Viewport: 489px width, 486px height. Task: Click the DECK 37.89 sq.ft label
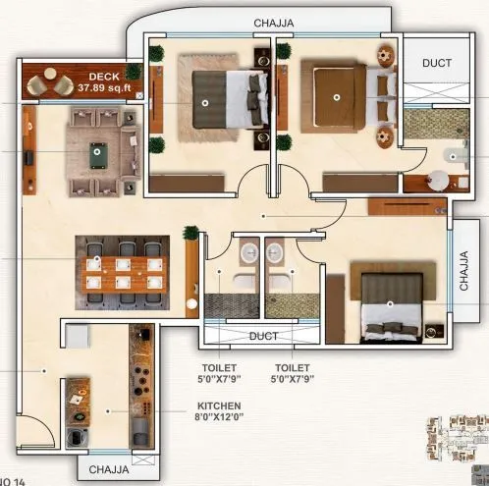pos(103,81)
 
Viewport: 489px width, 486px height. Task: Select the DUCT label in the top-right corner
pos(437,63)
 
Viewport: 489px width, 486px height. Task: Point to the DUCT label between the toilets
pos(262,335)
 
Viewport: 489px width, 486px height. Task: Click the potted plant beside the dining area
pos(190,235)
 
